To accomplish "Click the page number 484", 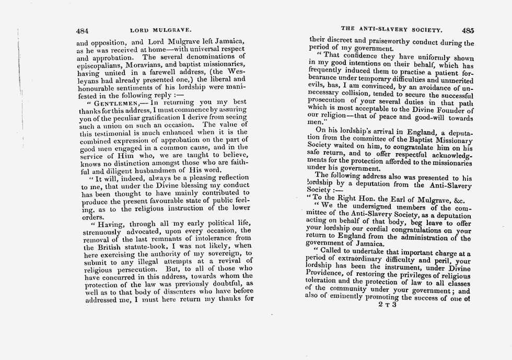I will (83, 30).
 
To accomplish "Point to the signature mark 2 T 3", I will (387, 305).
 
